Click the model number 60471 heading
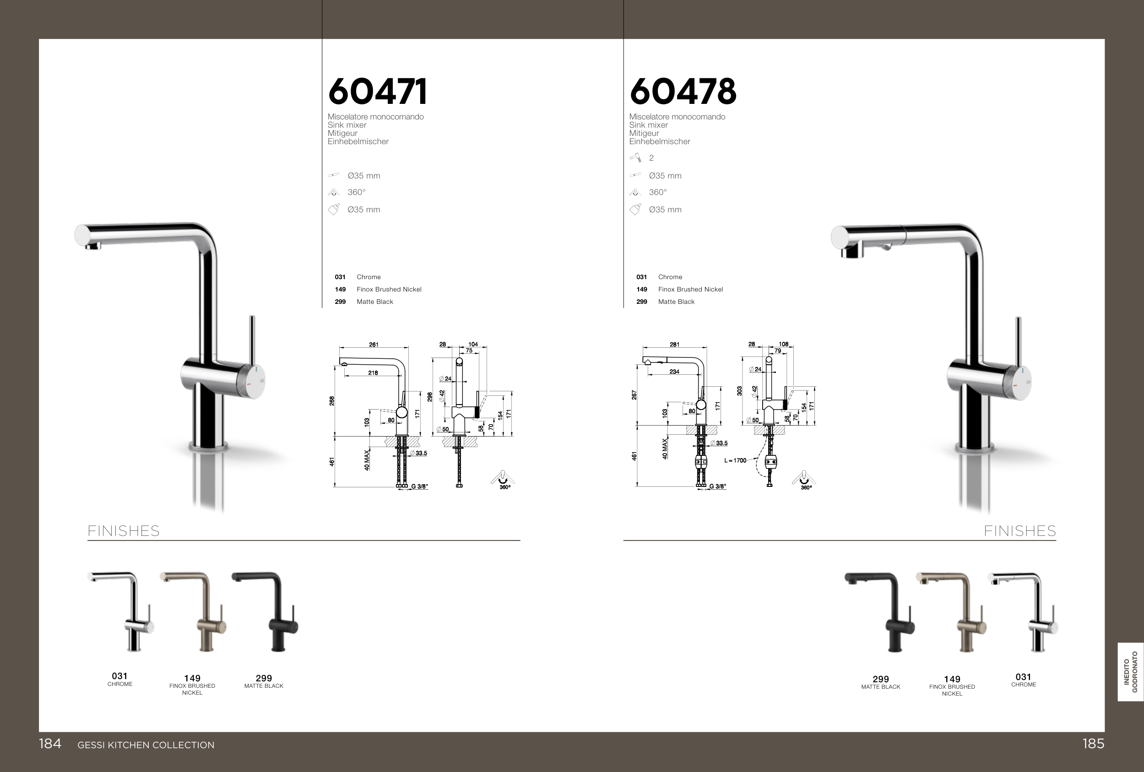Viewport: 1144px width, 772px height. pyautogui.click(x=378, y=92)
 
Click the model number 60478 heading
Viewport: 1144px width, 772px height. pyautogui.click(x=683, y=92)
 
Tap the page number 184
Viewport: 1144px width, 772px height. pyautogui.click(x=50, y=744)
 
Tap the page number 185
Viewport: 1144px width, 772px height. pyautogui.click(x=1093, y=744)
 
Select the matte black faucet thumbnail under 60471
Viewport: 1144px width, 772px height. pyautogui.click(x=266, y=611)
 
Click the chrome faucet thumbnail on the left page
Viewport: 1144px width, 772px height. pyautogui.click(x=120, y=611)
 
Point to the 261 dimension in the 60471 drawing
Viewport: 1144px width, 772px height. pyautogui.click(x=374, y=345)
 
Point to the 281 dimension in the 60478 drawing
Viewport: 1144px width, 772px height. pyautogui.click(x=674, y=345)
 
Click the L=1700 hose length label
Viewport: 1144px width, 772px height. pyautogui.click(x=735, y=460)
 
